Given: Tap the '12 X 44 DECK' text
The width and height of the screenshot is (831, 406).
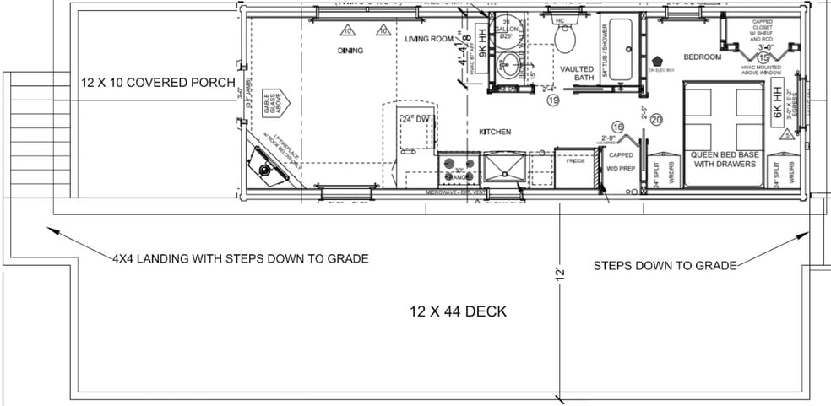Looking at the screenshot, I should click(456, 311).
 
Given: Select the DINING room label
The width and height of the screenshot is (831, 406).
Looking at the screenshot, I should click(350, 51).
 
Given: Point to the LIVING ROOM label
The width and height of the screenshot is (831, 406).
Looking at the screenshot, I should click(429, 39).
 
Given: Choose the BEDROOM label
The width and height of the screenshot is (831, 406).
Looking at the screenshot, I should click(702, 57).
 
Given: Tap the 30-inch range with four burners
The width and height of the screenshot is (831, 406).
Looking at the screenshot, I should click(457, 169).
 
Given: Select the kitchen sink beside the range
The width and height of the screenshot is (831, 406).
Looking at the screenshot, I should click(504, 167).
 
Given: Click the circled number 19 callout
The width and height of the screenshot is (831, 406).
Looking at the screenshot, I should click(553, 100).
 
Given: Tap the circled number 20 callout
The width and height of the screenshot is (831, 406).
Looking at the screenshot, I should click(656, 119).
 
